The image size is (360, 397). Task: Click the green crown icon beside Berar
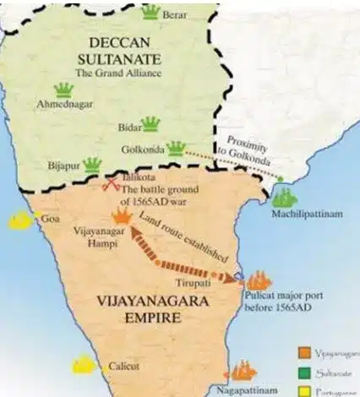tap(151, 12)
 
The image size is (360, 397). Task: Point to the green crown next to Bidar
tap(150, 125)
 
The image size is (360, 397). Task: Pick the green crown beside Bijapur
tap(93, 163)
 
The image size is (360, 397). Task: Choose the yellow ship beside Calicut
tap(84, 364)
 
